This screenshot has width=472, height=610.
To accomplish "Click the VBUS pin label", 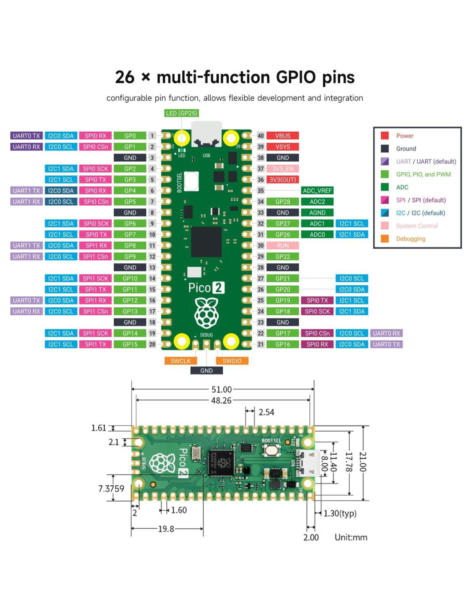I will (x=282, y=136).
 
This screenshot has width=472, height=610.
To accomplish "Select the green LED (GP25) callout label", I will (x=182, y=113).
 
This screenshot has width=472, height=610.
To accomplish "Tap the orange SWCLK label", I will (x=180, y=361).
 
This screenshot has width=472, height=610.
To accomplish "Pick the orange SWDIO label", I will (x=232, y=361).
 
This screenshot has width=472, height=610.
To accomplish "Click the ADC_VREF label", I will (x=317, y=191).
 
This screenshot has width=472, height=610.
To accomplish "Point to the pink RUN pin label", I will (x=282, y=246).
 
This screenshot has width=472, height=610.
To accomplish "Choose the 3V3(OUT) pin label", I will (x=282, y=180).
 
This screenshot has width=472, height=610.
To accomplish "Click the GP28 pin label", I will (x=282, y=202).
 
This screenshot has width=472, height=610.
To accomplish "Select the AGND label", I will (x=317, y=213).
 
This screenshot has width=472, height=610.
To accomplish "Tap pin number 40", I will (x=260, y=136).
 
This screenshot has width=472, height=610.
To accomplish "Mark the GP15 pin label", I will (x=130, y=344).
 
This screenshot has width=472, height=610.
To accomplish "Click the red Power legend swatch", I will (x=385, y=136).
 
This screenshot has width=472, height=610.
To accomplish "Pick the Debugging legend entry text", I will (x=411, y=239).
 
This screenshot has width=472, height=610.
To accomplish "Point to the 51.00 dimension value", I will (x=221, y=390).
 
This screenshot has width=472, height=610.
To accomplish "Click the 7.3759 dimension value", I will (x=111, y=489).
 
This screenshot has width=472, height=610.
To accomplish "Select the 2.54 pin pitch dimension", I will (x=266, y=412).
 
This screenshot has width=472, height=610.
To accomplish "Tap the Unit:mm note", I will (x=351, y=538).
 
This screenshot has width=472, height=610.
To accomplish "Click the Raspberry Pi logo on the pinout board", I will (x=206, y=313).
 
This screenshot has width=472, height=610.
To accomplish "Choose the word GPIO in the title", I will (x=296, y=78).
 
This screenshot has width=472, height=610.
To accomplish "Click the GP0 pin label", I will (x=130, y=136).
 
